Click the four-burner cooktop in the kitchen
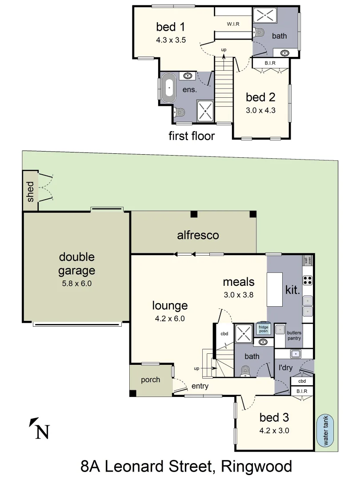[x=308, y=280]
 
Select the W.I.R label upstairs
[x=233, y=24]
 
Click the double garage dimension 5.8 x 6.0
[x=76, y=283]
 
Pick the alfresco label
[x=198, y=235]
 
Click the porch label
[x=150, y=380]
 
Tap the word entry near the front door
[x=200, y=386]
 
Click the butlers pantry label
[x=294, y=335]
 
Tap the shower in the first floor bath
[x=264, y=16]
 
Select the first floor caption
[x=192, y=136]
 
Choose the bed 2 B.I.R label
[x=270, y=63]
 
